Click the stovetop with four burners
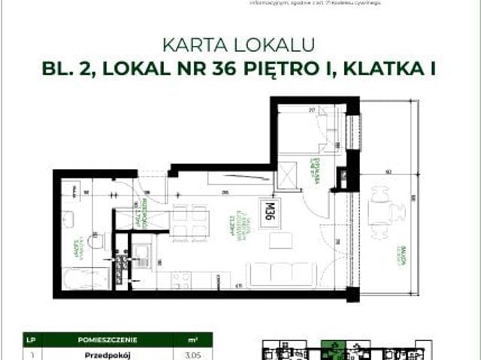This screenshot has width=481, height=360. coord(180,280)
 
